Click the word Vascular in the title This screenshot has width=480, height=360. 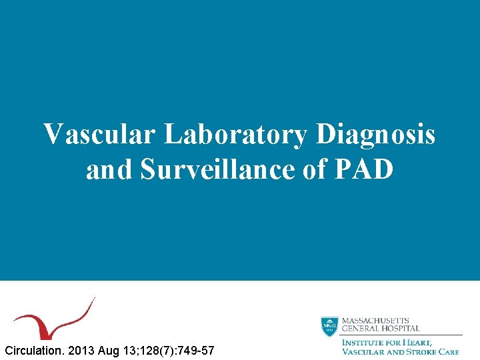100,135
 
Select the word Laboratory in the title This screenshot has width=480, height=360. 235,135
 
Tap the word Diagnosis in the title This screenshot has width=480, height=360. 375,135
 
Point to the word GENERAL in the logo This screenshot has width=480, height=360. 361,329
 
